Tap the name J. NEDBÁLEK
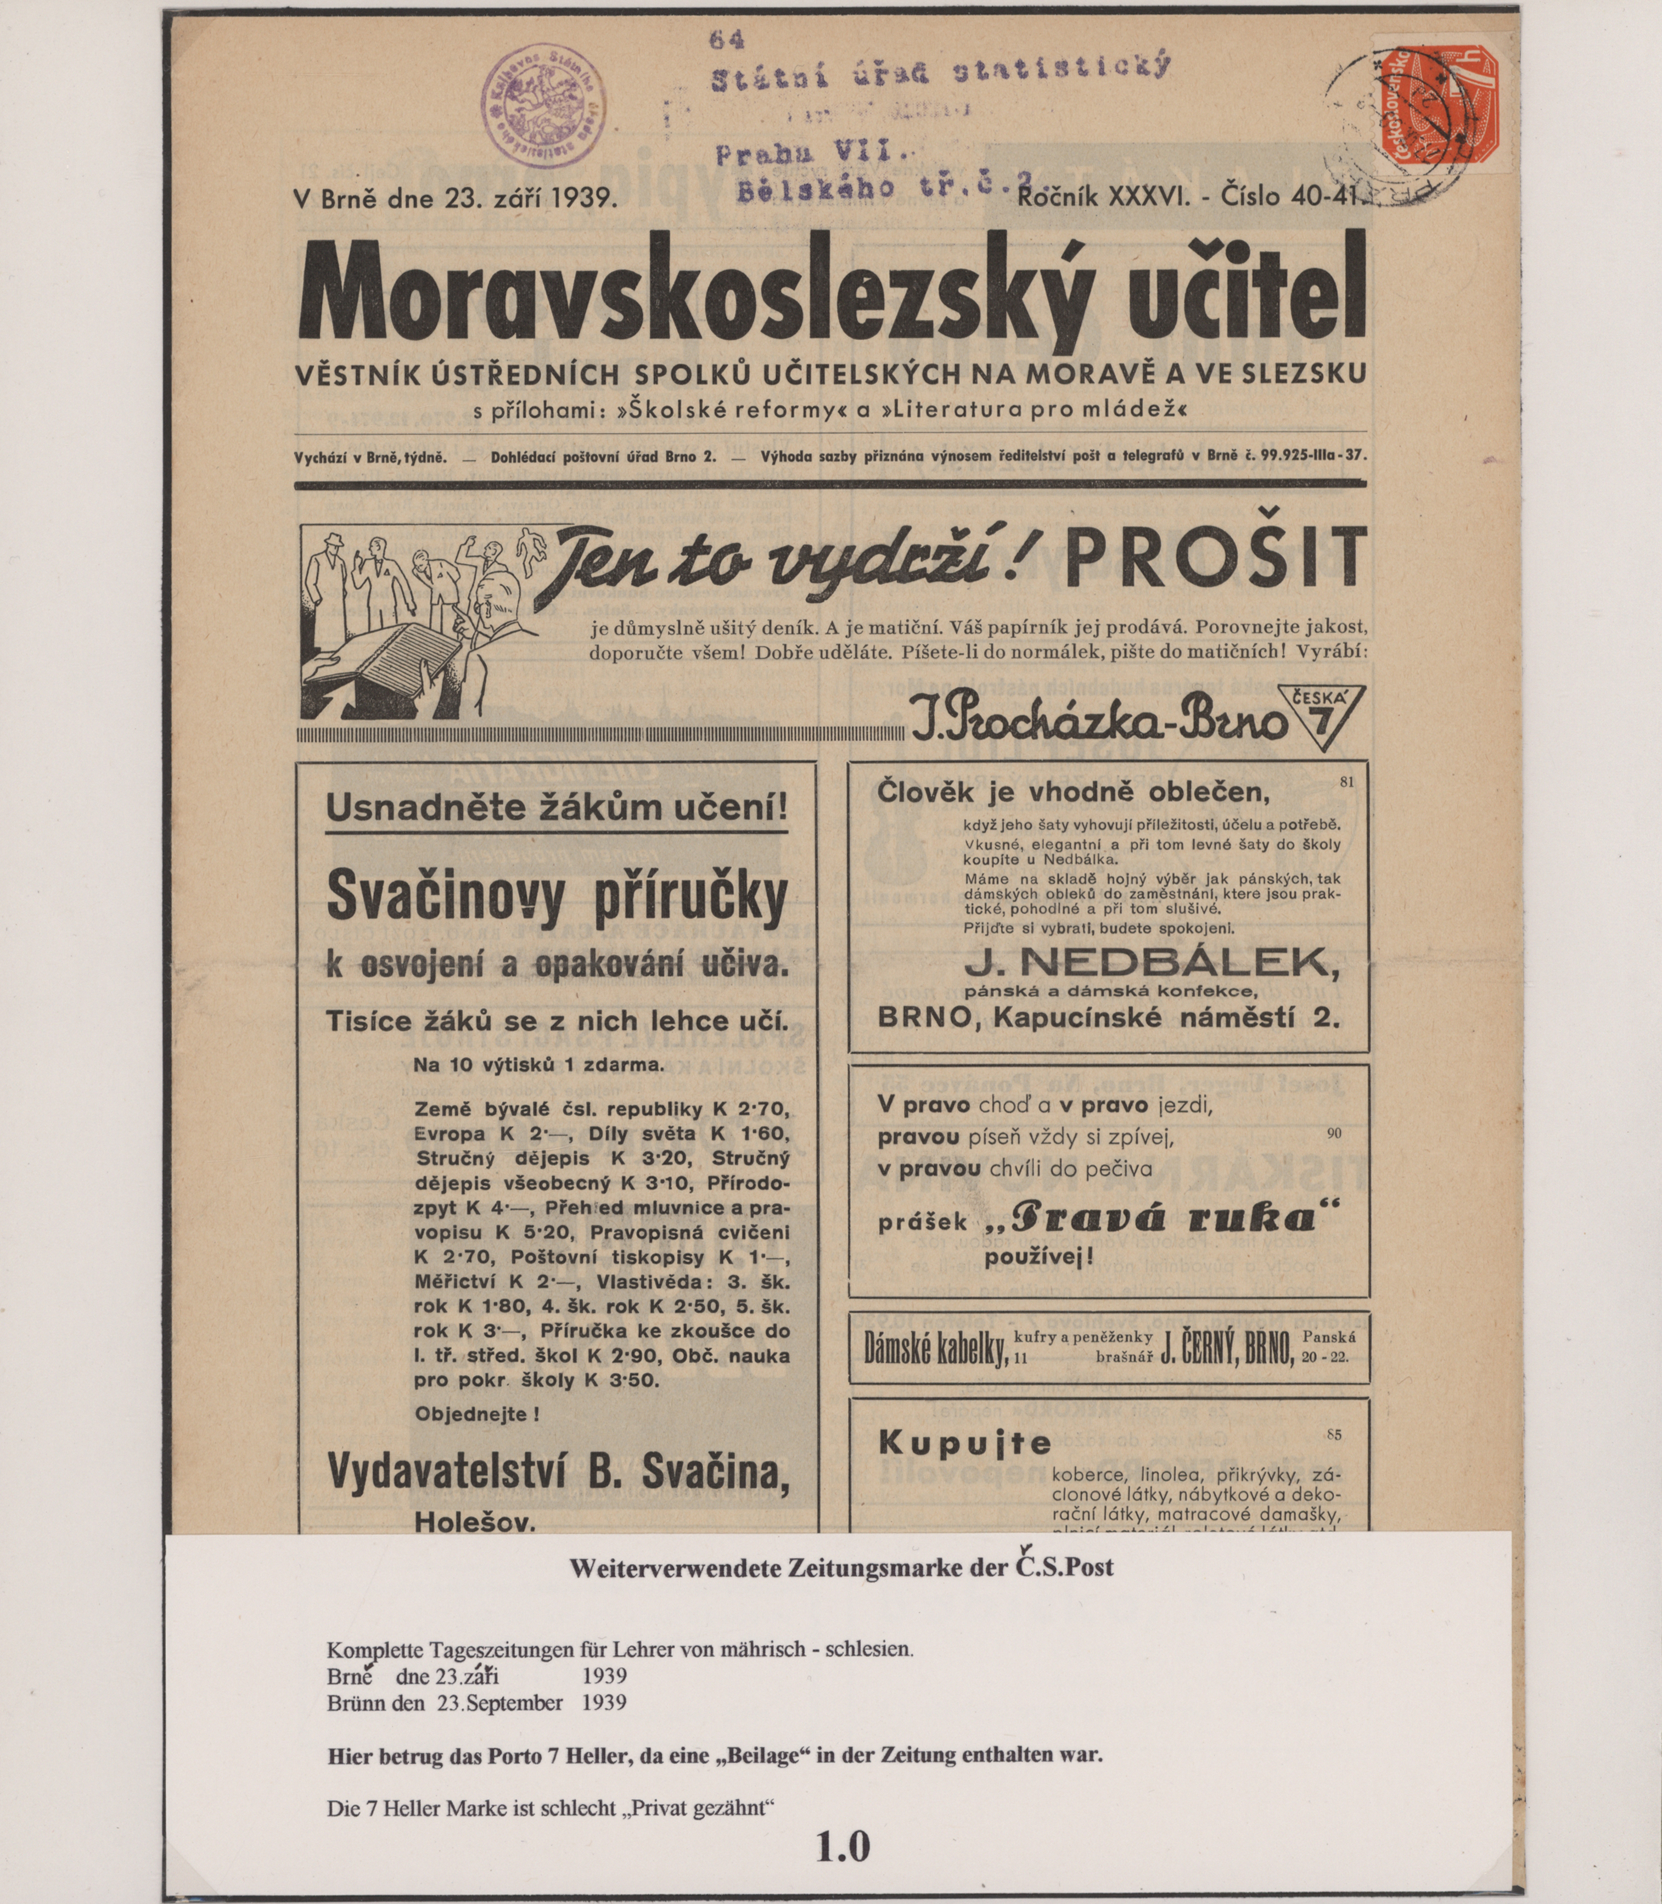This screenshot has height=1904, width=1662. point(1152,964)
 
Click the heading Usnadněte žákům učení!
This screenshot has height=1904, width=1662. point(557,808)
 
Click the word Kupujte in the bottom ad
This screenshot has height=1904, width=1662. point(964,1443)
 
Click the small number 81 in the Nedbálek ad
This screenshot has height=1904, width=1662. point(1346,782)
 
